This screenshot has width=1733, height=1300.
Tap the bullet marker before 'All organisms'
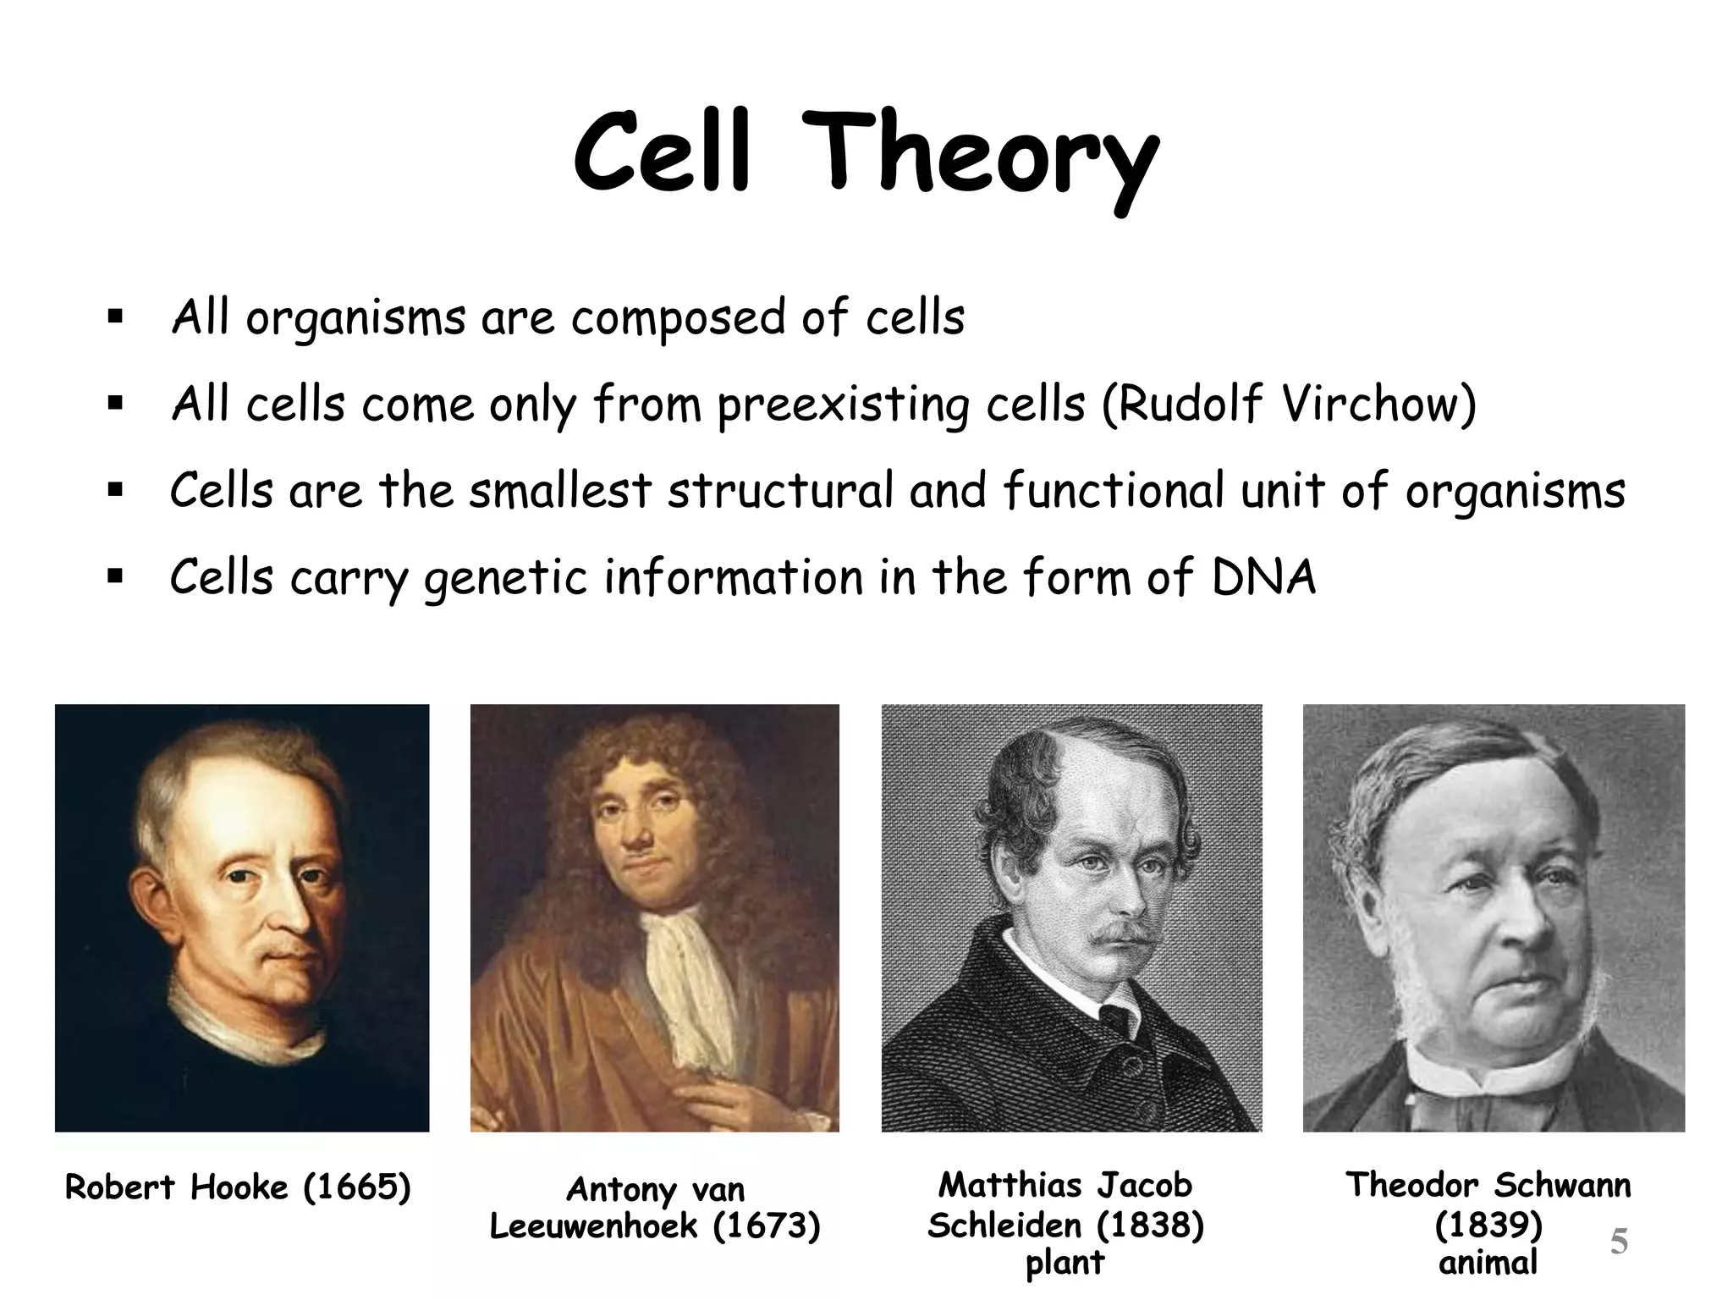click(x=116, y=319)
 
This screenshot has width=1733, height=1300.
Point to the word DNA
click(x=1263, y=577)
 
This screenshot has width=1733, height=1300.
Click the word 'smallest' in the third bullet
click(x=560, y=491)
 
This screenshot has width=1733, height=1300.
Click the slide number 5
click(x=1618, y=1242)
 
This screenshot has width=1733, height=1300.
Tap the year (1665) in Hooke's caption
click(x=356, y=1187)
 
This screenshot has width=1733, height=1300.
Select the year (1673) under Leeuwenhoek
click(x=767, y=1226)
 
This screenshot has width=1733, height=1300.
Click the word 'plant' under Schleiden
click(x=1065, y=1262)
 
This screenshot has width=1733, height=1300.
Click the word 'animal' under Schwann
click(x=1488, y=1262)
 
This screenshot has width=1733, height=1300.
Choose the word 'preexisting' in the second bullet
click(x=842, y=405)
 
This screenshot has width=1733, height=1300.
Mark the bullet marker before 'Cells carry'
click(x=116, y=578)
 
